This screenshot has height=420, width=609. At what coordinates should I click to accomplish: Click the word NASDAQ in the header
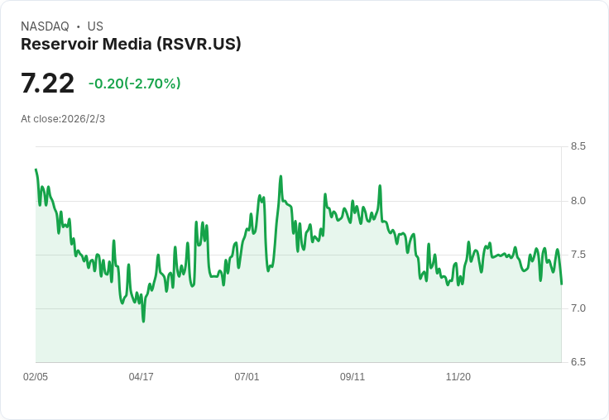(45, 26)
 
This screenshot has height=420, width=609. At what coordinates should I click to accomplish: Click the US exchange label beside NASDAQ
(95, 26)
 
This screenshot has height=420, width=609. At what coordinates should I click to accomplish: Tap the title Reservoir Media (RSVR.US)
(131, 44)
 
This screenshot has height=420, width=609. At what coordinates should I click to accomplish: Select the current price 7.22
(48, 83)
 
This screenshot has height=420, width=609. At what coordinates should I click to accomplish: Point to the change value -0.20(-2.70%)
(134, 84)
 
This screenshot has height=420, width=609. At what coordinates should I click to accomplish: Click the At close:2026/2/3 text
(63, 119)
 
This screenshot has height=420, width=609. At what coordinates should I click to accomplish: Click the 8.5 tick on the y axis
(578, 146)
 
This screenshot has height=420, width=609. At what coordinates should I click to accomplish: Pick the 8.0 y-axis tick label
(578, 201)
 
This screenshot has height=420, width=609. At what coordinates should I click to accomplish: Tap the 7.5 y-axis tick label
(578, 255)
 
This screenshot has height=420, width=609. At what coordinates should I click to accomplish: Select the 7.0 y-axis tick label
(578, 308)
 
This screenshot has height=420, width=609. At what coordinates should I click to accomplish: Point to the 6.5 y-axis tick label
(578, 362)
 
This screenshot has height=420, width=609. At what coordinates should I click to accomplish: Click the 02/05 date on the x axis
(36, 377)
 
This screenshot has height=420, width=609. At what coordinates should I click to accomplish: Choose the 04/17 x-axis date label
(141, 377)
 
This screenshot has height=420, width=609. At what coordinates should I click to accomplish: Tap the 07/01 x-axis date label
(247, 377)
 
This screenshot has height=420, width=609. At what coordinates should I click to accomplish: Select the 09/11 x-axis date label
(352, 377)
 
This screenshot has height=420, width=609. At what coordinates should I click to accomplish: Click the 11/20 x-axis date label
(458, 377)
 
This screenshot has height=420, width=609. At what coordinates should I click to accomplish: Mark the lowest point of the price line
(143, 321)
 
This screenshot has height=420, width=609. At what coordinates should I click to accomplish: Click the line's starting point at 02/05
(36, 169)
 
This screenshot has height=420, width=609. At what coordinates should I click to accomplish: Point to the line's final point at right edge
(561, 284)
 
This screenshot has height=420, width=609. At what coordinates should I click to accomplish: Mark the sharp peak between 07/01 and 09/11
(281, 176)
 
